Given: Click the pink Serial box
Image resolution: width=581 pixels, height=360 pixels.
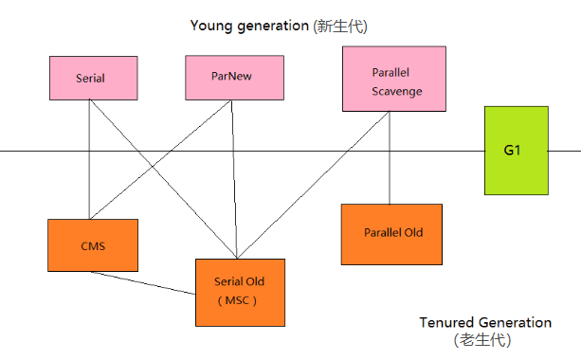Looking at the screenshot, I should pos(90,77).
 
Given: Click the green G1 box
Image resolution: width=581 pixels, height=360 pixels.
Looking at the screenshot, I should pos(515,151).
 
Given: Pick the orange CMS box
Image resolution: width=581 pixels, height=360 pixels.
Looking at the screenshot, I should pos(93,245).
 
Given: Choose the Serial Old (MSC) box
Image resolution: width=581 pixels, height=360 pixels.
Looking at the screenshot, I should pos(241,291).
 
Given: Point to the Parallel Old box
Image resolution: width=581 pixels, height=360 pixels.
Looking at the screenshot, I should pos(392,233).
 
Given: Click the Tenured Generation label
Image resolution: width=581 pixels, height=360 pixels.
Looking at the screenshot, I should pos(485,322).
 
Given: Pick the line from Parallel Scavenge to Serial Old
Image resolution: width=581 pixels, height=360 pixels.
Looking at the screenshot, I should pos(313,186).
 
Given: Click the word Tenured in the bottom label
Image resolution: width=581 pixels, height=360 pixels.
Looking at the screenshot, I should pos(448,322).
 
